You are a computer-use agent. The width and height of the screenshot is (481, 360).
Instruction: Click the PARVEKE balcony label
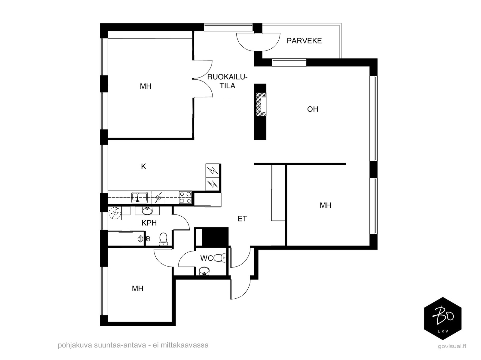point(304,41)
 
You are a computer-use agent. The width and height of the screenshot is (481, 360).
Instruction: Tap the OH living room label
point(312,109)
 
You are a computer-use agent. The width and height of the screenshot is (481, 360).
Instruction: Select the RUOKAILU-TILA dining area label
point(227,81)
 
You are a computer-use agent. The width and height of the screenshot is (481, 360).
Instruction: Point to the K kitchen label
point(143,166)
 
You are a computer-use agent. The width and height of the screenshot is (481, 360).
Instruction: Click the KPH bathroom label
point(149,223)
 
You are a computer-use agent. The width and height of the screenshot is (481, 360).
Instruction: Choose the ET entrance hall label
point(242,218)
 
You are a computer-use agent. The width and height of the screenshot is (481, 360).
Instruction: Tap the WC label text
point(207,258)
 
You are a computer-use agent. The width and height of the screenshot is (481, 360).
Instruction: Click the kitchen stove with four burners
point(185,197)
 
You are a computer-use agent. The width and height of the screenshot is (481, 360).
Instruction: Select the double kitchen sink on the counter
point(139,197)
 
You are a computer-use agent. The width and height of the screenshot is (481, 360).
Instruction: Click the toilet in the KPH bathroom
point(163,239)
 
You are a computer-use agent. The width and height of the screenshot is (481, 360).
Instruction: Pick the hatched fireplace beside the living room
point(262,104)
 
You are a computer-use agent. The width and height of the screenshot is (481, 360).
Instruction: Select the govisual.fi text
point(452,346)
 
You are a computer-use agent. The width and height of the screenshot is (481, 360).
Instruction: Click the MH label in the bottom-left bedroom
point(137,288)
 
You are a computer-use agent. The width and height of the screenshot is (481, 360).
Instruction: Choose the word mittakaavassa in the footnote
point(185,345)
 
